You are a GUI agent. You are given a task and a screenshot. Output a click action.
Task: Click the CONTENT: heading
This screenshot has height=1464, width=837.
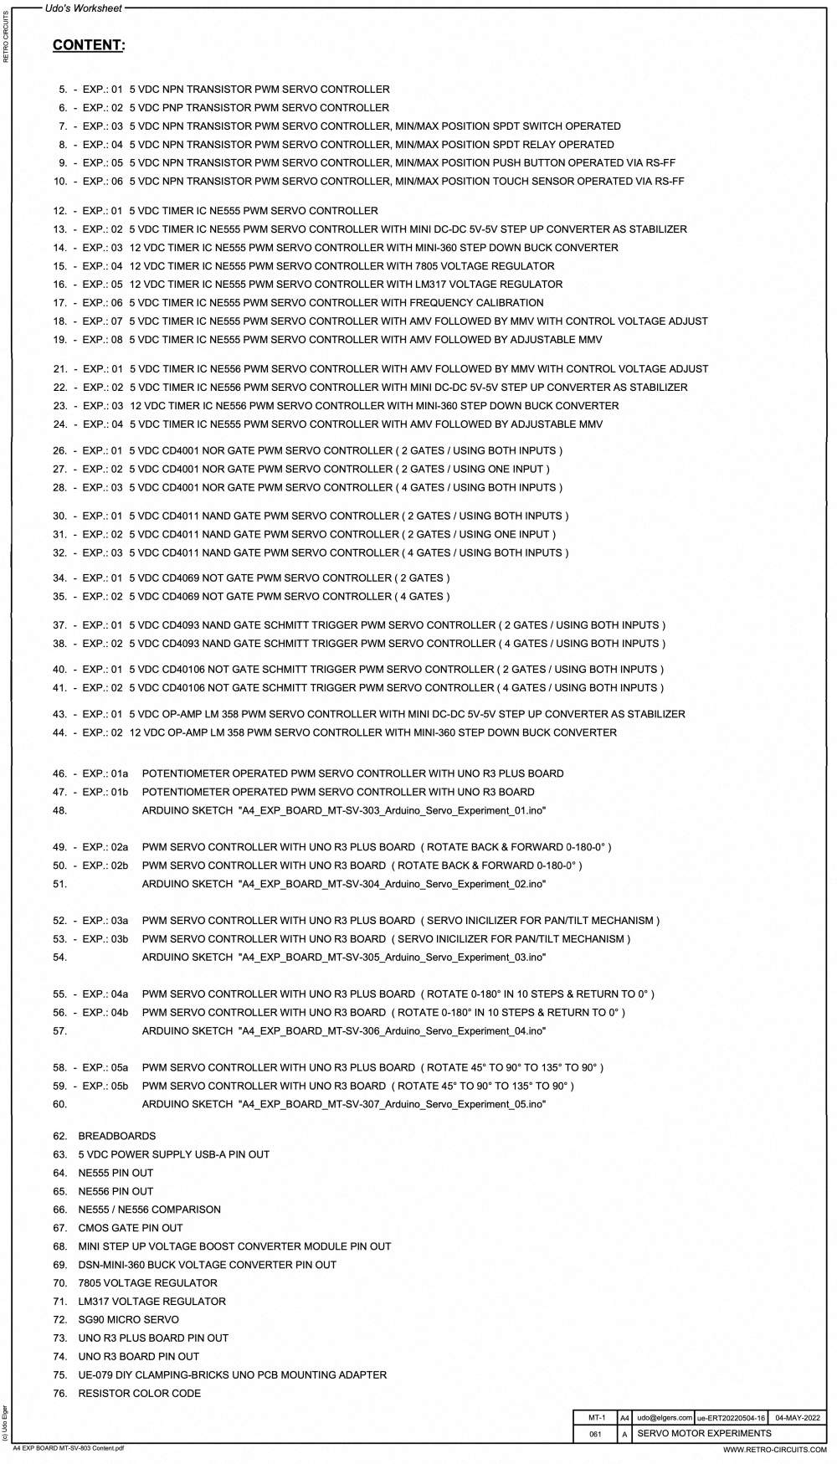[x=89, y=45]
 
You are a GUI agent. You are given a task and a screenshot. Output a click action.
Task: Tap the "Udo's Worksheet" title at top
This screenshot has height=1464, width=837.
[x=83, y=8]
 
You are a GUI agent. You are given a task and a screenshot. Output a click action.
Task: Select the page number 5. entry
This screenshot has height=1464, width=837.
[x=62, y=90]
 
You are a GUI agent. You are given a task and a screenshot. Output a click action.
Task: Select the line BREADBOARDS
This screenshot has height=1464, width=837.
[x=116, y=1137]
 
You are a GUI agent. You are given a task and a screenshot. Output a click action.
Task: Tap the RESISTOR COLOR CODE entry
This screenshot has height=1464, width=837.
[x=139, y=1394]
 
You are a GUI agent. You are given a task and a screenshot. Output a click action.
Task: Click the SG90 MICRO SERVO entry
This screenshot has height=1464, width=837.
[x=128, y=1320]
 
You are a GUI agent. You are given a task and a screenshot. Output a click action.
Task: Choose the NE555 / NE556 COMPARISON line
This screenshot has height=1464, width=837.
[x=149, y=1210]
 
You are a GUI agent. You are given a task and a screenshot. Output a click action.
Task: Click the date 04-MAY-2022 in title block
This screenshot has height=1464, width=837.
[x=797, y=1418]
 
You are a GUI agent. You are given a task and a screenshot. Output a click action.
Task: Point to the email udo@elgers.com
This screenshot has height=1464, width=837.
[x=664, y=1418]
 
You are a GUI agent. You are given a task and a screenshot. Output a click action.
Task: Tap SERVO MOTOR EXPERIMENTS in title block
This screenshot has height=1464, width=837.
[x=704, y=1434]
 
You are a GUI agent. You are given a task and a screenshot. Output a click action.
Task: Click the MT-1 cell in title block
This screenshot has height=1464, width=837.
[x=596, y=1418]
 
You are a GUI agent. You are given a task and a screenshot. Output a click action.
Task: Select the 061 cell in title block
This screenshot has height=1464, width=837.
[x=595, y=1435]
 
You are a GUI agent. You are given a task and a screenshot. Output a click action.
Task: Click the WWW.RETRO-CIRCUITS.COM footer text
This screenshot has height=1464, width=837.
[x=774, y=1450]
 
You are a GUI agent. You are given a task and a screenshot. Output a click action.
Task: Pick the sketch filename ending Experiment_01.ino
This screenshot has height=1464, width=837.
[x=393, y=811]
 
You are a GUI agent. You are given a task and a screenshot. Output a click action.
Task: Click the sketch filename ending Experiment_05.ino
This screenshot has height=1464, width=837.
[x=393, y=1105]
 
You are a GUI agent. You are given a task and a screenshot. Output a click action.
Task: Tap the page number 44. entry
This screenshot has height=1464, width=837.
[x=59, y=733]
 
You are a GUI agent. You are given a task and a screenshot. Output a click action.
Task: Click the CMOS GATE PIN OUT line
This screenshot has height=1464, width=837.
[x=130, y=1228]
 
